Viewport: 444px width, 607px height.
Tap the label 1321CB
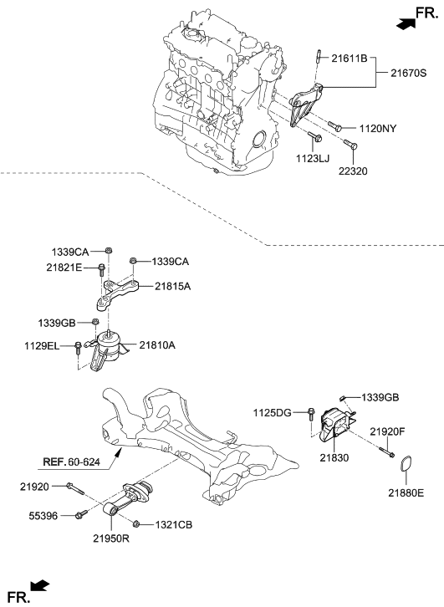172,524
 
